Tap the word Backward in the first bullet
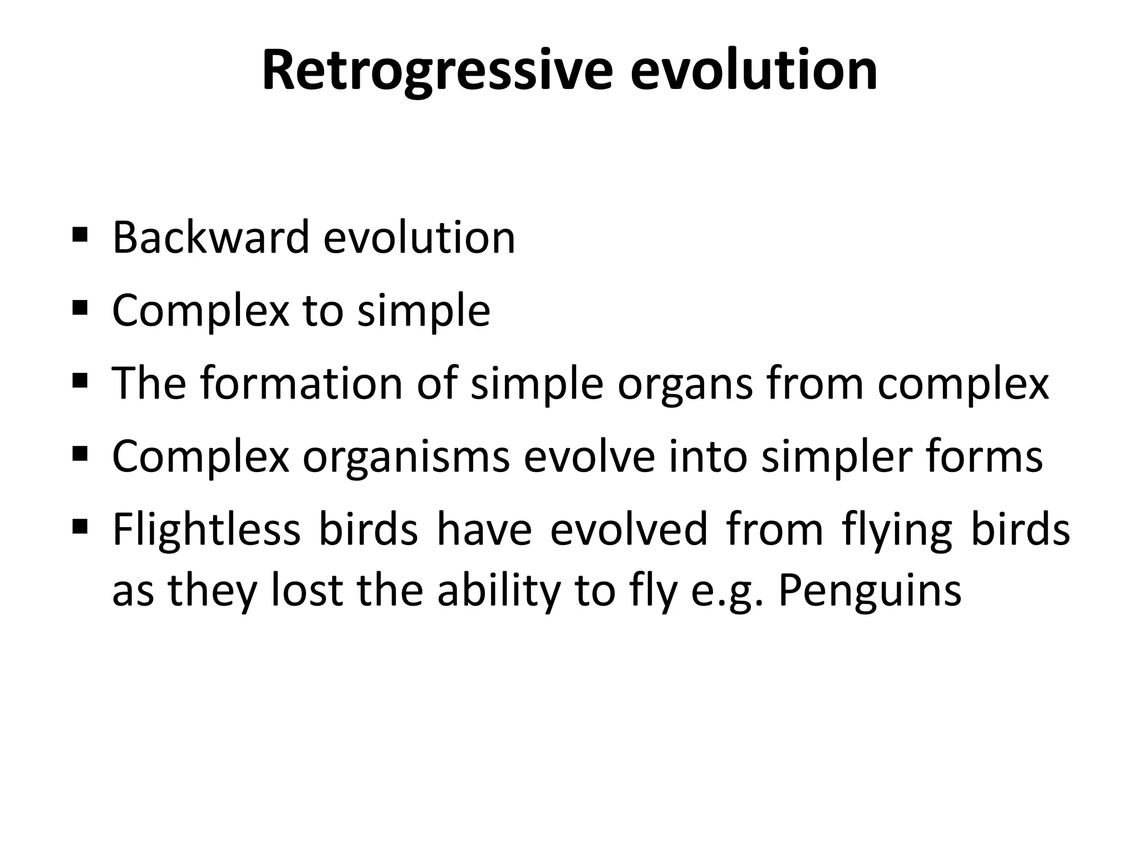[210, 238]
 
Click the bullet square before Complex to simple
[80, 306]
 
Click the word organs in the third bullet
[685, 385]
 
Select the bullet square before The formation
[80, 380]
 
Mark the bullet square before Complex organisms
[80, 453]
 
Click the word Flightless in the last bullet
[206, 530]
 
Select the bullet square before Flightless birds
[80, 525]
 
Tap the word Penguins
[869, 591]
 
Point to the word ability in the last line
[499, 591]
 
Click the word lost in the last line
[307, 590]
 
